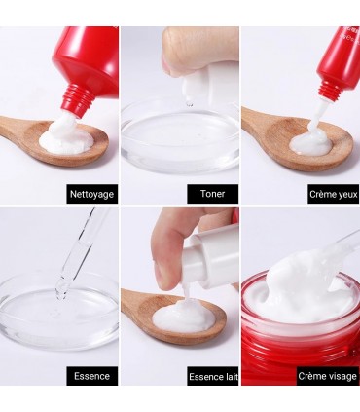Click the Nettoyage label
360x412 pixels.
click(92, 194)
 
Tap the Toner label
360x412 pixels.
click(213, 194)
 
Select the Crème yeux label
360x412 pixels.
click(334, 194)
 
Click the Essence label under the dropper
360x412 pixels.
click(92, 376)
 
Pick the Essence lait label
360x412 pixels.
click(213, 376)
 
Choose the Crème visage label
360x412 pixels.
click(327, 376)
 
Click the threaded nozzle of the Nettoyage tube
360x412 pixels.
click(78, 98)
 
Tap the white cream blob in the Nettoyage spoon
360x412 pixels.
click(66, 136)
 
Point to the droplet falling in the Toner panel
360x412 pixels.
click(190, 104)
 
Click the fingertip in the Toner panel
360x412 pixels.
click(173, 66)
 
